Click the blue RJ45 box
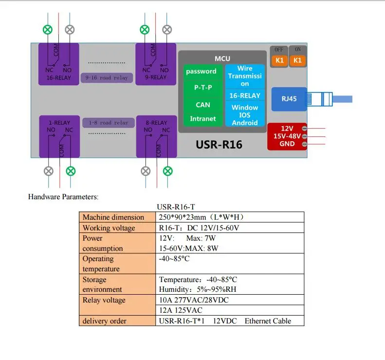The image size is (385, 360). pyautogui.click(x=289, y=99)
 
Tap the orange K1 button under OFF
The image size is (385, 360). pyautogui.click(x=279, y=60)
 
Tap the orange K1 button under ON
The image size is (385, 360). pyautogui.click(x=297, y=60)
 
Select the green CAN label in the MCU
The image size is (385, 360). pyautogui.click(x=203, y=105)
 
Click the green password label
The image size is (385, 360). pyautogui.click(x=201, y=72)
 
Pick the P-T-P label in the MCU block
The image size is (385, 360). pyautogui.click(x=203, y=88)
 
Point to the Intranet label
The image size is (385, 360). pyautogui.click(x=203, y=119)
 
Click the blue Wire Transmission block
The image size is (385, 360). pyautogui.click(x=245, y=76)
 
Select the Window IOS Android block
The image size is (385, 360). pyautogui.click(x=245, y=115)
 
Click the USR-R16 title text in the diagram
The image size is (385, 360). pyautogui.click(x=219, y=145)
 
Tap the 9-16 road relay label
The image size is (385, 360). pyautogui.click(x=107, y=77)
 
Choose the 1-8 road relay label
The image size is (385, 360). pyautogui.click(x=108, y=123)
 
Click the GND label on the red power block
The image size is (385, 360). pyautogui.click(x=287, y=144)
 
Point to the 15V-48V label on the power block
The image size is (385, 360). pyautogui.click(x=287, y=136)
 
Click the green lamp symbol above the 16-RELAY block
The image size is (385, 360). pyautogui.click(x=48, y=30)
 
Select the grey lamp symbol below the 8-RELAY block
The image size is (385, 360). pyautogui.click(x=146, y=171)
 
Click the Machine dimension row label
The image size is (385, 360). pyautogui.click(x=113, y=217)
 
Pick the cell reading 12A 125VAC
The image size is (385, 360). pyautogui.click(x=181, y=310)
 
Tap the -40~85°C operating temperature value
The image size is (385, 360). pyautogui.click(x=174, y=259)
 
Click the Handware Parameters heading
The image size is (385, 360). pyautogui.click(x=63, y=197)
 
